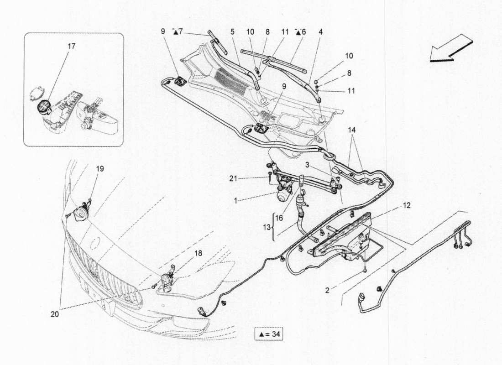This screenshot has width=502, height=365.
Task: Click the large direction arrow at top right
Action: [451, 50]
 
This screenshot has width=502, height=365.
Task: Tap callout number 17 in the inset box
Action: [72, 46]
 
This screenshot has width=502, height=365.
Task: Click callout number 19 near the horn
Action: [100, 168]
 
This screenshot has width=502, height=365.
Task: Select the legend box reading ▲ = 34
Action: [269, 334]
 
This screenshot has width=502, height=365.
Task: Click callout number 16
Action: [279, 219]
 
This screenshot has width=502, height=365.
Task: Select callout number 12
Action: [407, 206]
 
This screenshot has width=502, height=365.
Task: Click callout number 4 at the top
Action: [321, 32]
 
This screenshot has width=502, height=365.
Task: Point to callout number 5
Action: [232, 32]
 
